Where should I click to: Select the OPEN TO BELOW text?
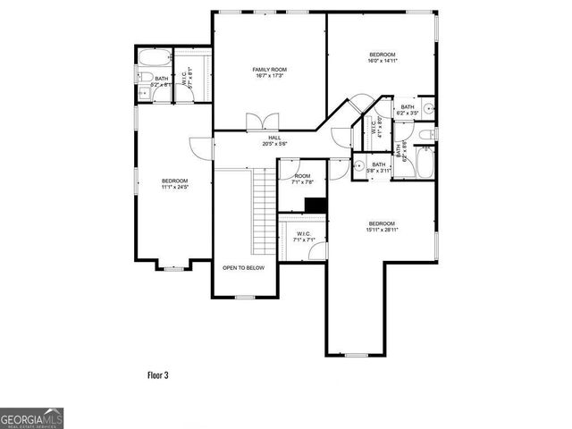243,267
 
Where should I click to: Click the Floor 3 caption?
157,374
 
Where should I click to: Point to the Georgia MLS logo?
31,418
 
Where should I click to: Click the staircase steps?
263,202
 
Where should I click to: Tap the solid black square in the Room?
315,206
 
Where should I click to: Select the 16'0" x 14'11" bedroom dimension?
382,60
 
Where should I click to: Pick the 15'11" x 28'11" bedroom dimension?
382,230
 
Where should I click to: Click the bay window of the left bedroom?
172,266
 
